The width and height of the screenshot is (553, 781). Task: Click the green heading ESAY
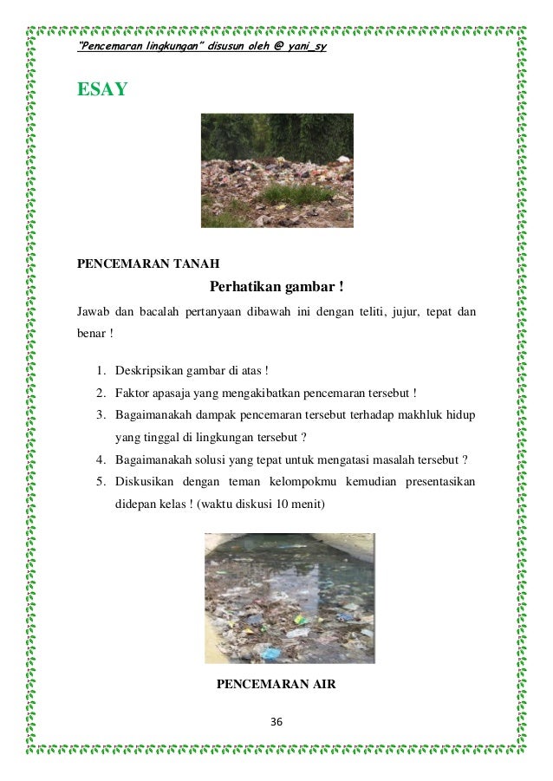(x=103, y=88)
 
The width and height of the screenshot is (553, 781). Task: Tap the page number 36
(x=276, y=723)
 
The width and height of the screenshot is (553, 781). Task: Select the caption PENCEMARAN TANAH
(x=148, y=264)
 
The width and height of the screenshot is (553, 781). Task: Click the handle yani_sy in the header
(x=308, y=45)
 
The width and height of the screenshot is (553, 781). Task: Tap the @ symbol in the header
(x=276, y=45)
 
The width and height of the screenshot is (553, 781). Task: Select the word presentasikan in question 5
(x=433, y=480)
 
